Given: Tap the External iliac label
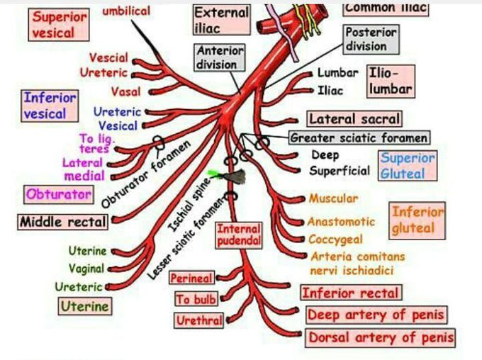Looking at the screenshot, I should point(221,21).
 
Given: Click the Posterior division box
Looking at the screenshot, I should point(371,40).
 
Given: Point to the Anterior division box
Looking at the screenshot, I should point(220,58).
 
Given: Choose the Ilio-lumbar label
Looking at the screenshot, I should point(389,81).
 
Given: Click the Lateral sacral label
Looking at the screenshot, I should point(354,119).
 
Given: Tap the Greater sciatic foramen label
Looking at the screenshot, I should point(359,137).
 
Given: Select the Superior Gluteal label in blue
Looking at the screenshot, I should point(407,165).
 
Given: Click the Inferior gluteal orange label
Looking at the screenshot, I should point(417,220).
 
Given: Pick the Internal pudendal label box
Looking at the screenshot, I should point(239,235).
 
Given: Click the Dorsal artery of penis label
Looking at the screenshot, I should point(380,337).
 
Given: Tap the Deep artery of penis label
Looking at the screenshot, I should point(376,315).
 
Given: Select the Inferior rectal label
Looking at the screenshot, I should point(350,293).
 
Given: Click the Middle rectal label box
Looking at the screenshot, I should point(62,222).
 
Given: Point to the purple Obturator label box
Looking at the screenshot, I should point(59,193).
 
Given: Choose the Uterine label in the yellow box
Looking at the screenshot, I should point(84,307).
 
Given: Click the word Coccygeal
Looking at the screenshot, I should point(335,240).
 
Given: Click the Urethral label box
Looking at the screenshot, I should point(199,321).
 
